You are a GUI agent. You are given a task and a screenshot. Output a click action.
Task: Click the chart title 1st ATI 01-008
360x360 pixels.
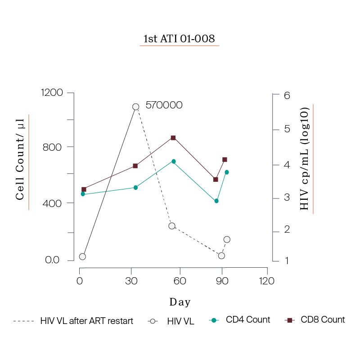(x=179, y=39)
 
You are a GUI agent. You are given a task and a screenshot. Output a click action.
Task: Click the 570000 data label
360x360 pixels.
(x=164, y=105)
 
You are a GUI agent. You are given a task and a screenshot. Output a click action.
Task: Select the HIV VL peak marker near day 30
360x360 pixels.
(x=135, y=107)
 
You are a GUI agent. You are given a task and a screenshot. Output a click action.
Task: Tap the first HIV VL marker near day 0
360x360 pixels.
(x=82, y=256)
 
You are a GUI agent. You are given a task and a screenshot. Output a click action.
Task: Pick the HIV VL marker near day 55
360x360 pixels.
(x=171, y=226)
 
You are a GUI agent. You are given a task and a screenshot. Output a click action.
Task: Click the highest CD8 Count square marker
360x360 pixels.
(x=173, y=138)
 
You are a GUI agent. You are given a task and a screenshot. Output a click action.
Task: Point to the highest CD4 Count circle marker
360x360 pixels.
(x=173, y=161)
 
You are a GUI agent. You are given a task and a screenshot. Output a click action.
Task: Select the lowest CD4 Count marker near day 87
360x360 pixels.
(x=216, y=201)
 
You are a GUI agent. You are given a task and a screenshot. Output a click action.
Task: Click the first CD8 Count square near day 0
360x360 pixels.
(x=84, y=189)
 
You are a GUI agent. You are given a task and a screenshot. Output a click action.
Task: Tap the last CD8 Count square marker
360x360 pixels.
(x=225, y=159)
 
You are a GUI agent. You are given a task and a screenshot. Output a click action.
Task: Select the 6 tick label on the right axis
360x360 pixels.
(x=287, y=95)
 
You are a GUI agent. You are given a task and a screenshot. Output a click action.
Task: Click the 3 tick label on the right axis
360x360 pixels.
(x=287, y=198)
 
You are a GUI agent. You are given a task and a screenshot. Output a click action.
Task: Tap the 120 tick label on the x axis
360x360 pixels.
(x=267, y=281)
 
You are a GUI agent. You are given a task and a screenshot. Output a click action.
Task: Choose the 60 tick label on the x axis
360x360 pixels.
(x=180, y=281)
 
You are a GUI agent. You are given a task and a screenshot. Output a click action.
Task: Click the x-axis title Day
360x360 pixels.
(x=180, y=302)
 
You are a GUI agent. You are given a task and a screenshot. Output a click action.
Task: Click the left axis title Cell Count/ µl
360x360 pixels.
(x=20, y=162)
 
